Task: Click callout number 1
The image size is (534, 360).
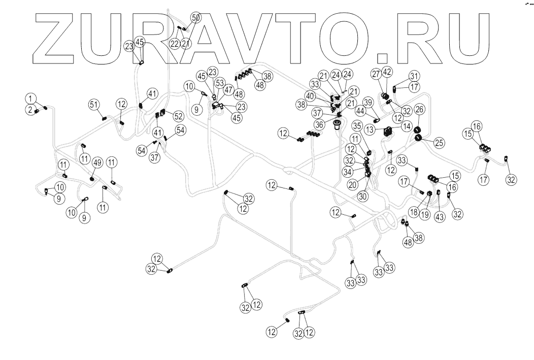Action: [x=31, y=97]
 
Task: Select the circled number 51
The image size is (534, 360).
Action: [x=93, y=105]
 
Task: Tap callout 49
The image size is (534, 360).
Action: [x=97, y=162]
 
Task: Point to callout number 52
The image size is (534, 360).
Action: [x=178, y=115]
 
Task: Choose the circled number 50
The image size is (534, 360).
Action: [x=195, y=17]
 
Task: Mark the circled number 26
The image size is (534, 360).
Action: [x=420, y=109]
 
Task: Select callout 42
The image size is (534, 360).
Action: [x=386, y=72]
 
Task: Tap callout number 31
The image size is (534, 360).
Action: [x=415, y=76]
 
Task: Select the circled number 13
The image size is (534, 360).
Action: [x=371, y=129]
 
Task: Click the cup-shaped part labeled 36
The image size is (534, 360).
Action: [x=337, y=123]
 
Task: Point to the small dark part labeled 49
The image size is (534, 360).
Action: [x=92, y=179]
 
